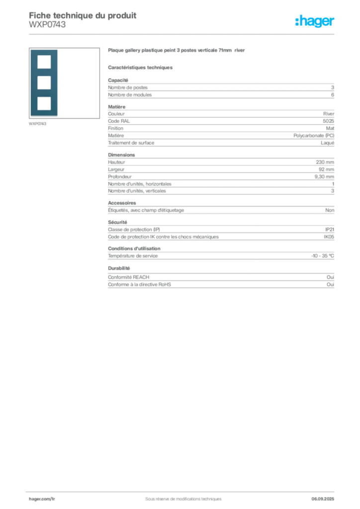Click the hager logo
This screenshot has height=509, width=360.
tap(315, 21)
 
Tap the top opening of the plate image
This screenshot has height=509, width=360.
tap(44, 62)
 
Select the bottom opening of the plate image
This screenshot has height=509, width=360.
tap(44, 103)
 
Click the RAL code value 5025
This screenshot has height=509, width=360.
tap(328, 121)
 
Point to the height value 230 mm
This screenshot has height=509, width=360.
tap(325, 163)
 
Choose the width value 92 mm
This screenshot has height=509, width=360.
tap(326, 170)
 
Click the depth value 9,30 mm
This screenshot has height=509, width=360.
tap(324, 176)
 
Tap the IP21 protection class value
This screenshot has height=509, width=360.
tap(330, 230)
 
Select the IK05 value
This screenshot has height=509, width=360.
tap(329, 237)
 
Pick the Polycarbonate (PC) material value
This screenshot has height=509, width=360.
tap(314, 136)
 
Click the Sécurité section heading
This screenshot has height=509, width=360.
tap(117, 222)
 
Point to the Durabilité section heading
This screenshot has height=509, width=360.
tap(119, 268)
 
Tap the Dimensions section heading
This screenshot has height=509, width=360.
tap(121, 155)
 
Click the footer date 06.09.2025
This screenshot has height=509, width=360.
tap(323, 499)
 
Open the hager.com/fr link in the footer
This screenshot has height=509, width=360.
tap(42, 499)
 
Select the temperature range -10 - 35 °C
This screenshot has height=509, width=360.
tap(322, 256)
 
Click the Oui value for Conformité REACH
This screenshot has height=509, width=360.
tap(330, 277)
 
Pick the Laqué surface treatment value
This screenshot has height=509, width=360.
tap(327, 143)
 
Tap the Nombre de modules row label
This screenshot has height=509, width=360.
tap(130, 95)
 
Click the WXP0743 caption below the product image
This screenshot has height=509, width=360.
tap(37, 124)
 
